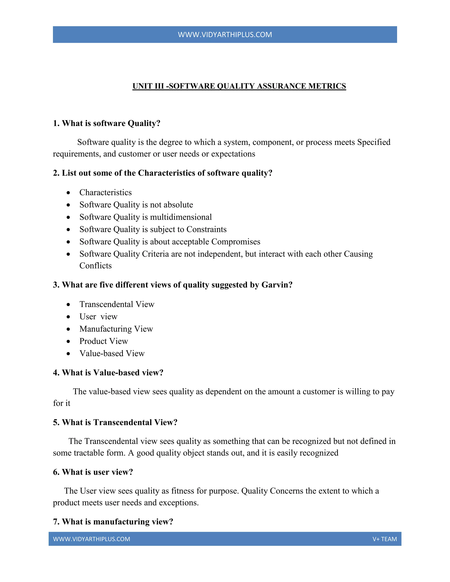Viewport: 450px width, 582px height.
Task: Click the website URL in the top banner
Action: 225,35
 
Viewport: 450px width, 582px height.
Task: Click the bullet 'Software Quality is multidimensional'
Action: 145,217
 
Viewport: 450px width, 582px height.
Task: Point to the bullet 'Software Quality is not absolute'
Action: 136,205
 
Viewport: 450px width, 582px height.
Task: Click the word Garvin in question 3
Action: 274,285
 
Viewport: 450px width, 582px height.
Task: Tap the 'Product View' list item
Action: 103,341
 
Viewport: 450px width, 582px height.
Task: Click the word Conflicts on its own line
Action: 95,266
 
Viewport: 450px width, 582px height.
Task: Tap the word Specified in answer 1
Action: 374,142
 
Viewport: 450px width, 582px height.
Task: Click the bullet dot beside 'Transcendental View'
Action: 69,305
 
